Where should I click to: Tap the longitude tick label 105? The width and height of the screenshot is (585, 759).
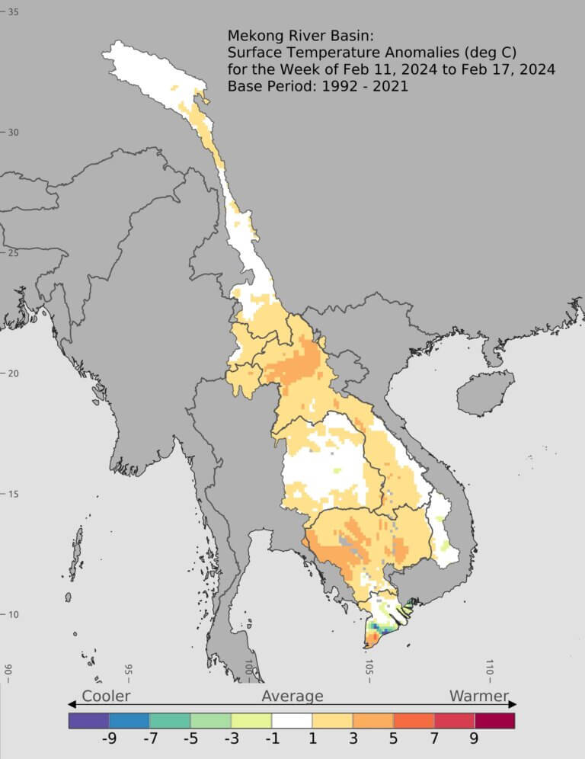(369, 668)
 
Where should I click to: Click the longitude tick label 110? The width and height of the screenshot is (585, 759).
(490, 668)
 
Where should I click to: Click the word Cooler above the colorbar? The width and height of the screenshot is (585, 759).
(106, 696)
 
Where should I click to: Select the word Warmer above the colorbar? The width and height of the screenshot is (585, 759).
(478, 696)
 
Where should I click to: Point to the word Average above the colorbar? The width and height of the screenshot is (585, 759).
(292, 696)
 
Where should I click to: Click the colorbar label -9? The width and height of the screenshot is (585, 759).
(109, 738)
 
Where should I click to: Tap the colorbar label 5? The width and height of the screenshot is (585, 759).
(393, 738)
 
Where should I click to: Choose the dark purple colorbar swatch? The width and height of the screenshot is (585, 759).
(88, 720)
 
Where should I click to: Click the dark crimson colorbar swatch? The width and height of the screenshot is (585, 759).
(494, 720)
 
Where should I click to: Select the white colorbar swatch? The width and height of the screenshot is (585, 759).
(292, 720)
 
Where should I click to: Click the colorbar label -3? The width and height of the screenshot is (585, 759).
(230, 738)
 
